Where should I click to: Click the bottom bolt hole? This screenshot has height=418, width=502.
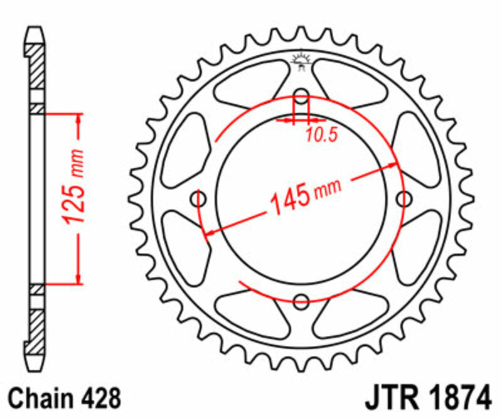[301, 300]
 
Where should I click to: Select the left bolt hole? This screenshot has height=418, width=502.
[200, 199]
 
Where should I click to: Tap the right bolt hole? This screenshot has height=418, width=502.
[403, 199]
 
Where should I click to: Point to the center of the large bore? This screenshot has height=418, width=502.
[301, 199]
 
